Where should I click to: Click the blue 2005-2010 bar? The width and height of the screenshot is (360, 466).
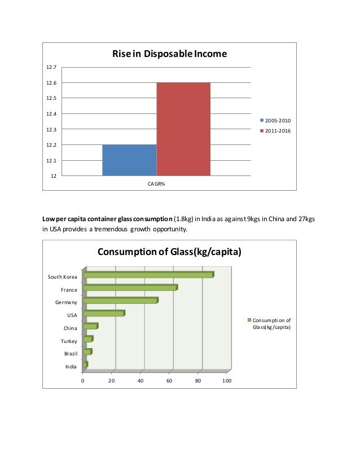pyautogui.click(x=129, y=160)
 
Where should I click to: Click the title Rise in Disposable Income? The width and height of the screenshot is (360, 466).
pyautogui.click(x=169, y=54)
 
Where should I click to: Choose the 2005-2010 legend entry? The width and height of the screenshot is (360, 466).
pyautogui.click(x=275, y=121)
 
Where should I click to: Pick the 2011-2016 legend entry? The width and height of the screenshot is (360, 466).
pyautogui.click(x=275, y=131)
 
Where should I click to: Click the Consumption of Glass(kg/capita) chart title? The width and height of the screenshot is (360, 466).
pyautogui.click(x=169, y=252)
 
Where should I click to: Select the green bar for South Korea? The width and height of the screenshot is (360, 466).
pyautogui.click(x=148, y=275)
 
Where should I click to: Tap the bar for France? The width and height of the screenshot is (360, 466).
pyautogui.click(x=130, y=288)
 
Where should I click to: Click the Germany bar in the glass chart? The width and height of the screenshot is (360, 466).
pyautogui.click(x=120, y=301)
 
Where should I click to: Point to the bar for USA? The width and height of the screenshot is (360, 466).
pyautogui.click(x=103, y=314)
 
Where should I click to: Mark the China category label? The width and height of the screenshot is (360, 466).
pyautogui.click(x=71, y=328)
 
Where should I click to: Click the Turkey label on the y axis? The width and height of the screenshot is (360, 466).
pyautogui.click(x=69, y=341)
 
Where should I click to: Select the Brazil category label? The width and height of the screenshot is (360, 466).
pyautogui.click(x=71, y=354)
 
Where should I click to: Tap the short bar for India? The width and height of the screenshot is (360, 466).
pyautogui.click(x=85, y=365)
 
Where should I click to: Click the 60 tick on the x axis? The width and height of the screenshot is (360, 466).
pyautogui.click(x=169, y=381)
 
